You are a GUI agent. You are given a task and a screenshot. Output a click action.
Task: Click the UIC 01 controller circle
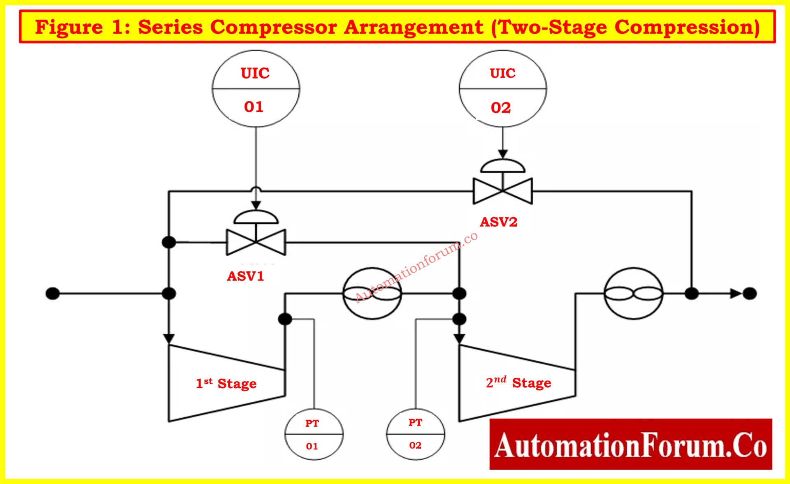pyautogui.click(x=256, y=89)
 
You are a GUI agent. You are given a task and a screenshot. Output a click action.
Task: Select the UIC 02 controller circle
pyautogui.click(x=502, y=89)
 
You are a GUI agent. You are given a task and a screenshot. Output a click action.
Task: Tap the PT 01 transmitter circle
pyautogui.click(x=314, y=434)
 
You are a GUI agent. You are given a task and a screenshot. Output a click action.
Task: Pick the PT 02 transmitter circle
pyautogui.click(x=415, y=433)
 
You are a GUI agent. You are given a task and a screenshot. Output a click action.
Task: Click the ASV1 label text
pyautogui.click(x=246, y=276)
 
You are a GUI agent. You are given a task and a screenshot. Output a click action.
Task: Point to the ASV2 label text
pyautogui.click(x=498, y=222)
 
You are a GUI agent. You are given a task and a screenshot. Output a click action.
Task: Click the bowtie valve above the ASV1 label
pyautogui.click(x=256, y=242)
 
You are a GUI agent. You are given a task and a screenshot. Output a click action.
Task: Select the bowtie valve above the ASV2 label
pyautogui.click(x=502, y=191)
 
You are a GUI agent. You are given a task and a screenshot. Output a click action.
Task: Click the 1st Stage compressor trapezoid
pyautogui.click(x=226, y=383)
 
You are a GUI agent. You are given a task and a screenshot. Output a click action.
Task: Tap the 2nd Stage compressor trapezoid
pyautogui.click(x=516, y=383)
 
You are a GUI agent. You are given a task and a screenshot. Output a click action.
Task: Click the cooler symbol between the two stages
pyautogui.click(x=372, y=294)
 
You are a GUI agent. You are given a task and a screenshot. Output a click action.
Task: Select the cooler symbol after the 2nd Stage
pyautogui.click(x=633, y=294)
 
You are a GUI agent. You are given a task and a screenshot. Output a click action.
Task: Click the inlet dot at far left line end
pyautogui.click(x=53, y=294)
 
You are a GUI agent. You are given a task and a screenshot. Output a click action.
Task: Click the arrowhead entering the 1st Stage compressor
pyautogui.click(x=169, y=339)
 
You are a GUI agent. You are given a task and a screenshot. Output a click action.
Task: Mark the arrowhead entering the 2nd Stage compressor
pyautogui.click(x=459, y=339)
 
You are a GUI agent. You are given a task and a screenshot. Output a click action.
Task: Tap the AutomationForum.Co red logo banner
pyautogui.click(x=630, y=444)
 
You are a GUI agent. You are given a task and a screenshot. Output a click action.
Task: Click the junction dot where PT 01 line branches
pyautogui.click(x=285, y=319)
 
